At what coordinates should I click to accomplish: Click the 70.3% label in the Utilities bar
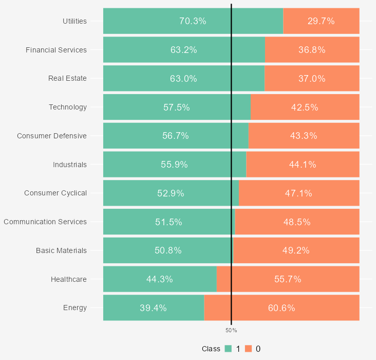pos(193,21)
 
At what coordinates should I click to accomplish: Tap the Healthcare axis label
pos(69,279)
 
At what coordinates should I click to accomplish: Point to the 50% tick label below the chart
pos(231,330)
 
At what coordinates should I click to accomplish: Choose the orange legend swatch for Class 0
pos(249,349)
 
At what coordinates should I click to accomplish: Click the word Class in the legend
pos(211,349)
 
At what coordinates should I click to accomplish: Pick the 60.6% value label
pos(281,308)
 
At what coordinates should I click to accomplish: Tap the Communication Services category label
pos(45,222)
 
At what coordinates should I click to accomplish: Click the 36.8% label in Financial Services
pos(312,50)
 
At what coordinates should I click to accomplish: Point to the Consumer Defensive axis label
pos(52,136)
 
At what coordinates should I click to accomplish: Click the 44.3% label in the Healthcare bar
pos(159,279)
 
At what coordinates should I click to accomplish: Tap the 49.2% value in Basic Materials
pos(296,250)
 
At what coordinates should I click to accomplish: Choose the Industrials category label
pos(70,165)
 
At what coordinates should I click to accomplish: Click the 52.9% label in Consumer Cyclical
pos(171,193)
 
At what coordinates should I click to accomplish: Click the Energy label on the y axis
pos(75,308)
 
